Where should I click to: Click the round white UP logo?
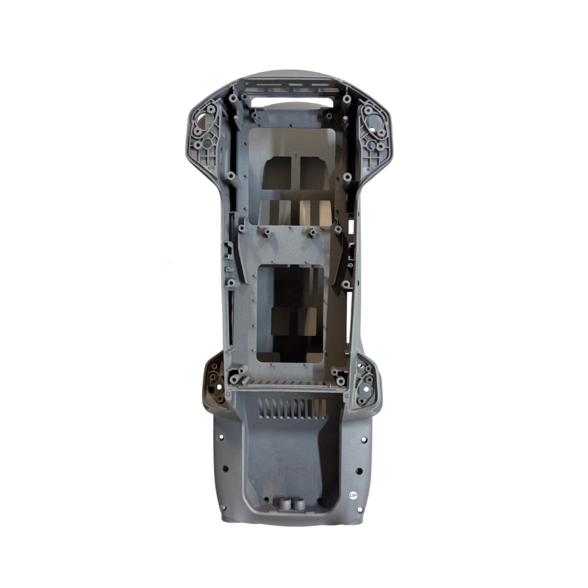coord(353,495)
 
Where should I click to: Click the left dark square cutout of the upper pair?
coord(279,173)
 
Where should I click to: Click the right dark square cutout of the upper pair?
coord(315,173)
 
